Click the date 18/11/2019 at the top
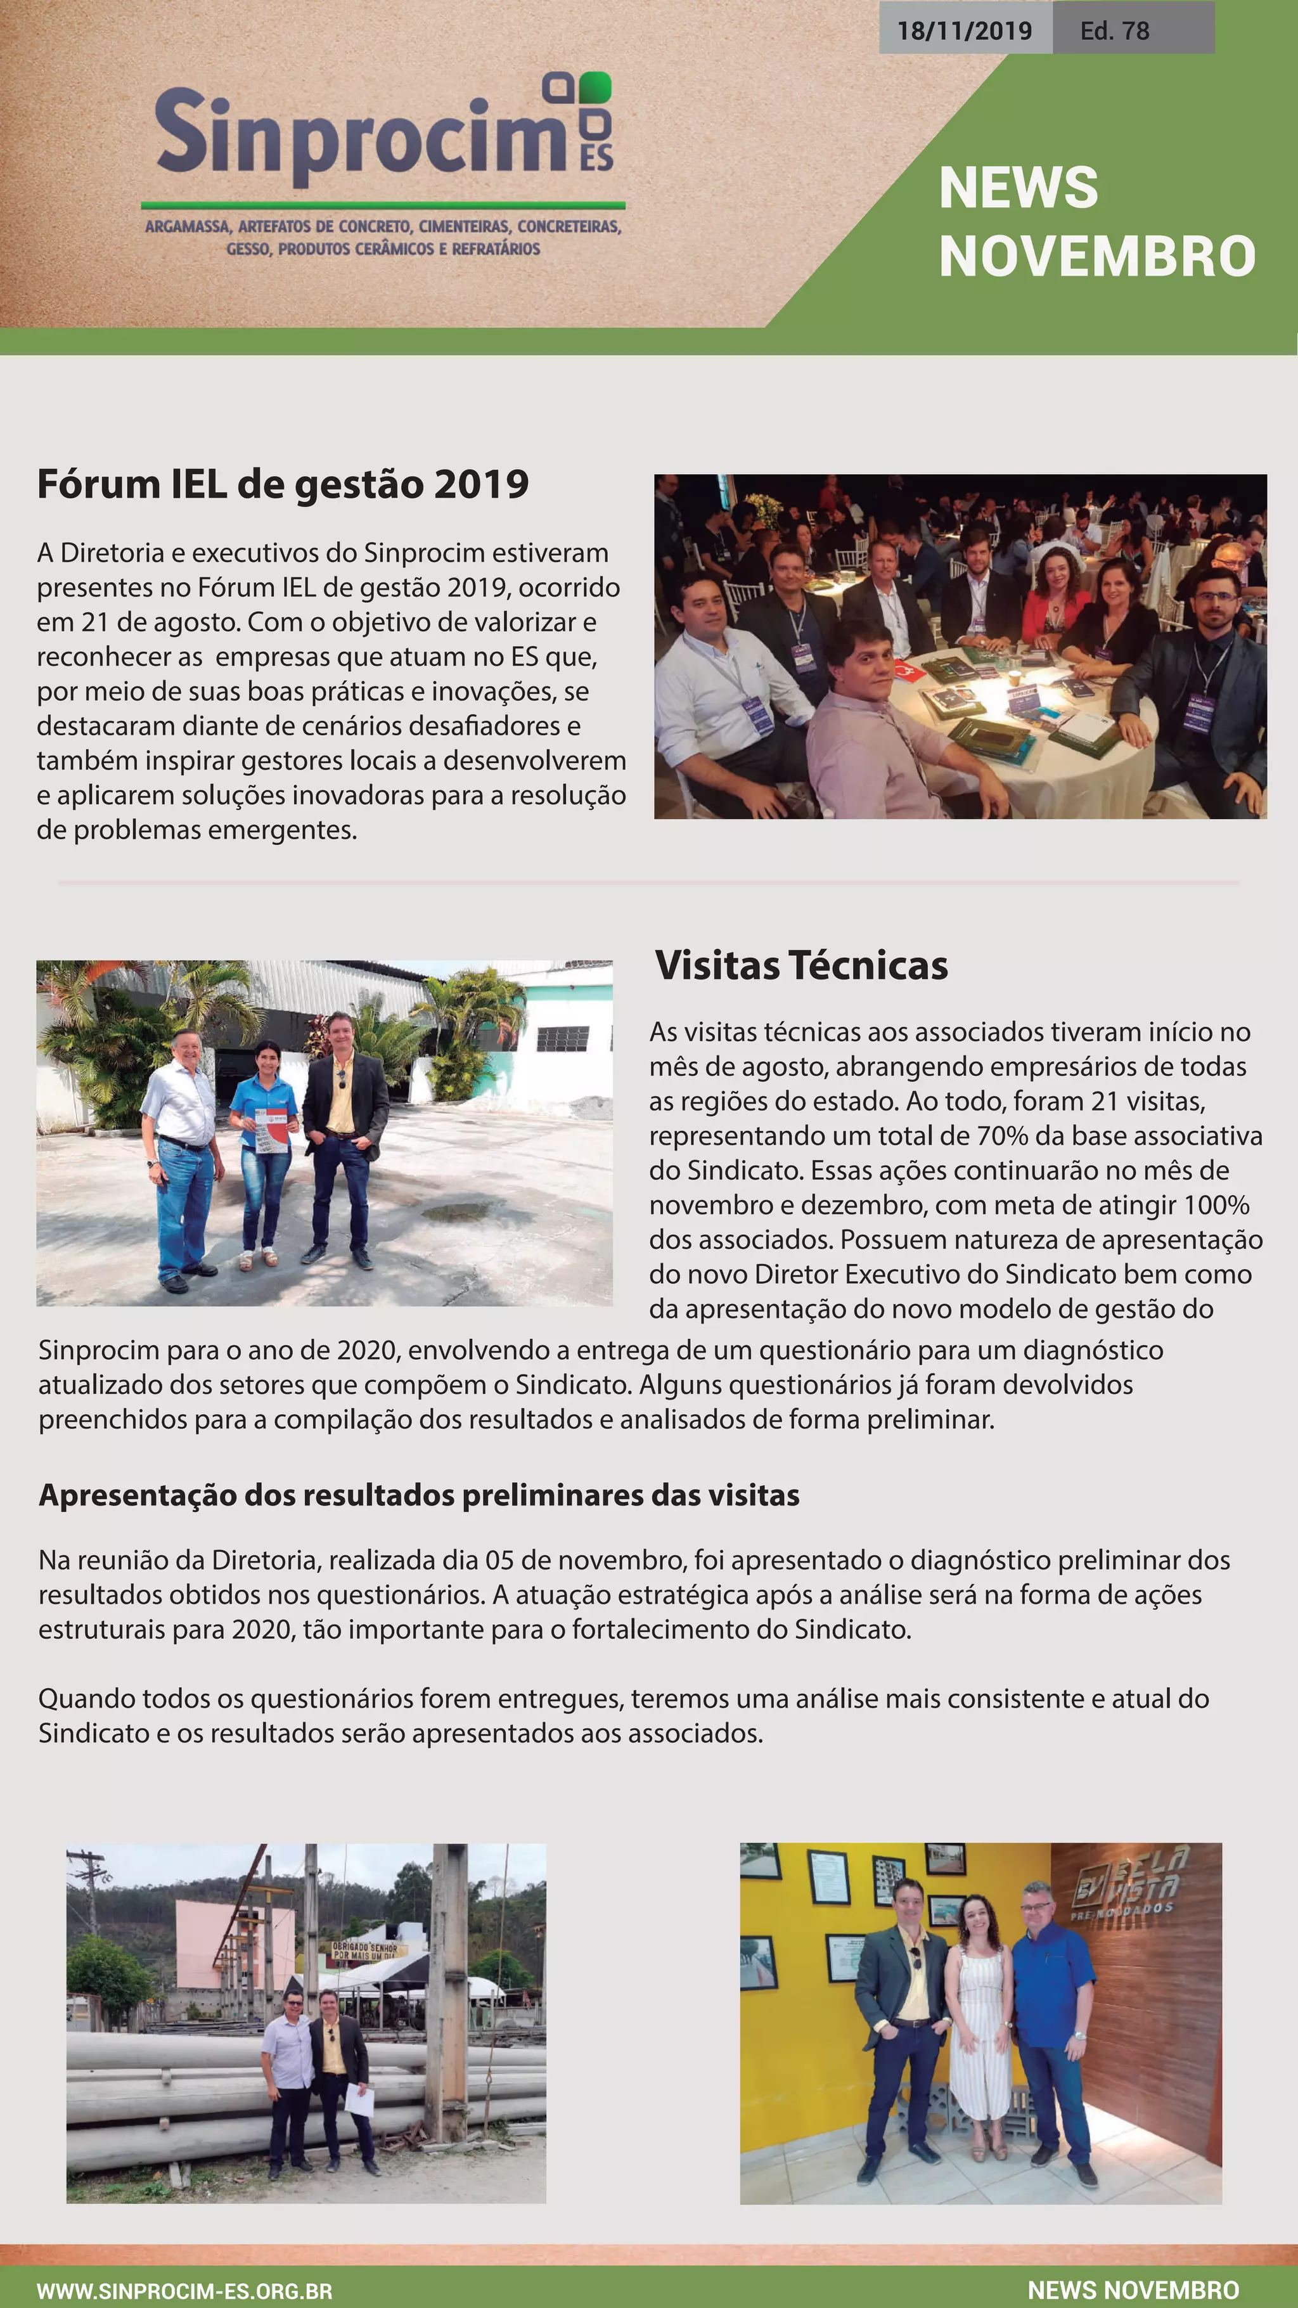tap(964, 30)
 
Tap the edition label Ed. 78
tap(1114, 30)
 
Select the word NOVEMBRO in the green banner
tap(1096, 257)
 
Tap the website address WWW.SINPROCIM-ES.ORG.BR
tap(184, 2291)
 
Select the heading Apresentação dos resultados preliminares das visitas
tap(418, 1495)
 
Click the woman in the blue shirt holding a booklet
tap(264, 1147)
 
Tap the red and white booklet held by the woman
tap(269, 1130)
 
